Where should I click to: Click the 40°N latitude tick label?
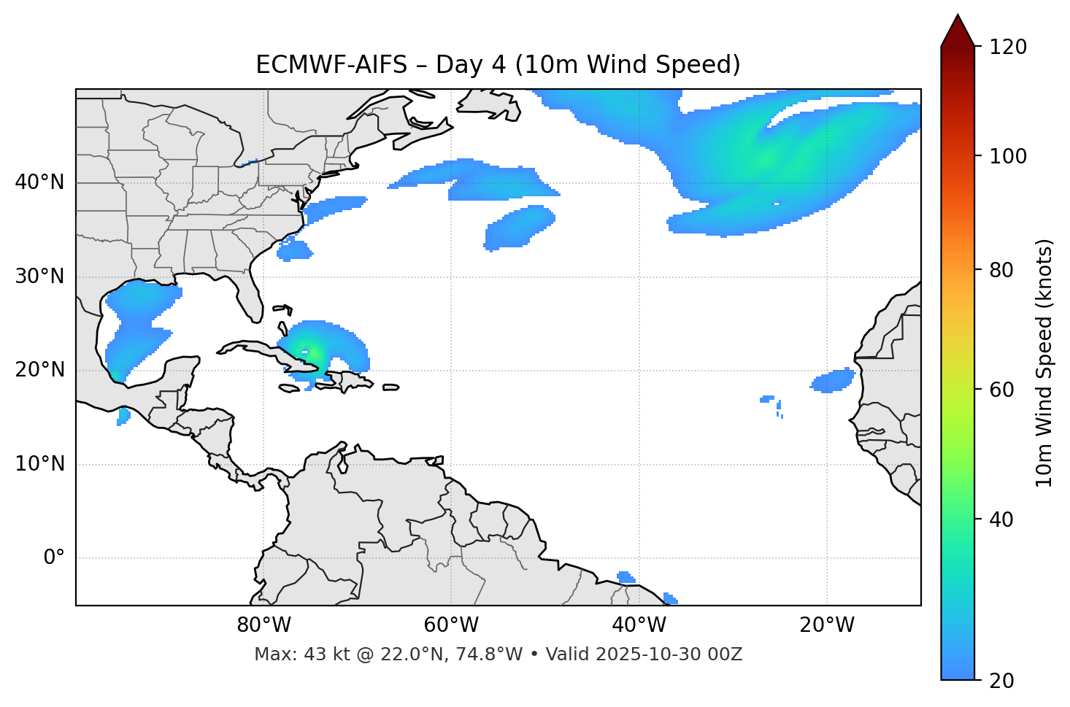pyautogui.click(x=39, y=182)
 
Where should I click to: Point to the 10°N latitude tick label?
pyautogui.click(x=39, y=464)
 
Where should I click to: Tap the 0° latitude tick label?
pyautogui.click(x=54, y=558)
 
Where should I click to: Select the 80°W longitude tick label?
pyautogui.click(x=263, y=625)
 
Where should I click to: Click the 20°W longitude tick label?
pyautogui.click(x=827, y=625)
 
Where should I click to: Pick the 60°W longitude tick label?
pyautogui.click(x=451, y=625)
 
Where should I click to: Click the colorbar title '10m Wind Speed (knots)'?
pyautogui.click(x=1044, y=363)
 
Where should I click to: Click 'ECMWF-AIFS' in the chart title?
pyautogui.click(x=331, y=65)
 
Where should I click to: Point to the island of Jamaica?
pyautogui.click(x=289, y=388)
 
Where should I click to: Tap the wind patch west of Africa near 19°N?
pyautogui.click(x=834, y=381)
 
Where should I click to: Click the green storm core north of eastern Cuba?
pyautogui.click(x=307, y=352)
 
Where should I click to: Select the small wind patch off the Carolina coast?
pyautogui.click(x=294, y=250)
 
